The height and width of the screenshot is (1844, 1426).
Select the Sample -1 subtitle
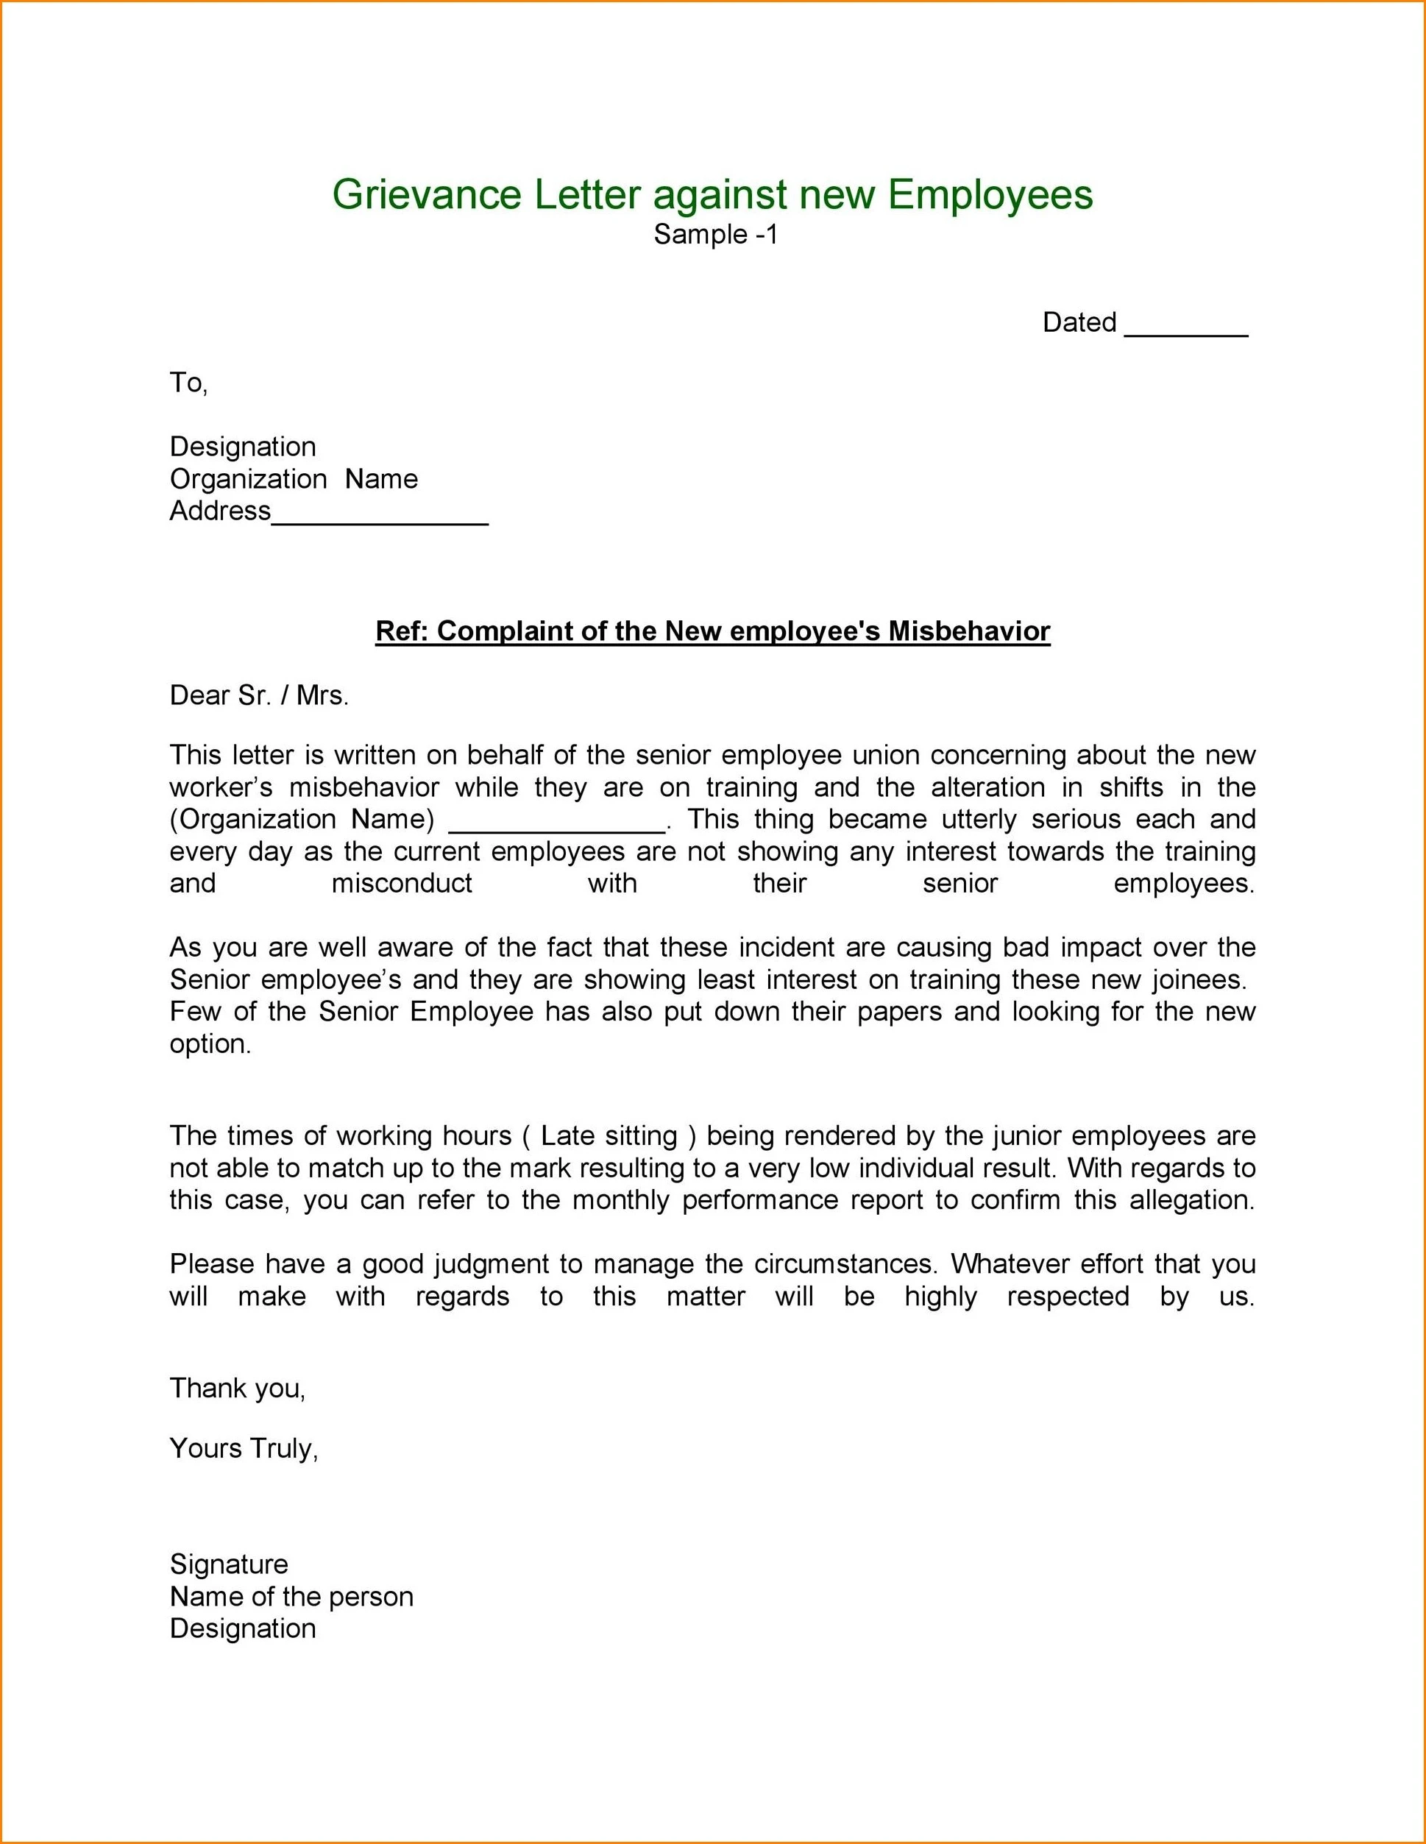(714, 235)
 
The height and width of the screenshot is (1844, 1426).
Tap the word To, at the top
(188, 383)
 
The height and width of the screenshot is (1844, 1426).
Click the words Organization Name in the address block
(293, 479)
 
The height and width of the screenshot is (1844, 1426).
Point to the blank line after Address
(380, 520)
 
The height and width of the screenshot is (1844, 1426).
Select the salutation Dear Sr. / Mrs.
(258, 695)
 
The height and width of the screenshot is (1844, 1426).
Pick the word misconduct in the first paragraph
(402, 883)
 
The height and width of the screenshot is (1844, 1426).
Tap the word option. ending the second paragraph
(210, 1044)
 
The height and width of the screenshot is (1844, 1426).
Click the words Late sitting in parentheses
(609, 1135)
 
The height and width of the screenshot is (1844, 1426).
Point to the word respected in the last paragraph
(1067, 1296)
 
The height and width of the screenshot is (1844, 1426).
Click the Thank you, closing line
(237, 1388)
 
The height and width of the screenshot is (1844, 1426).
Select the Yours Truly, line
(243, 1448)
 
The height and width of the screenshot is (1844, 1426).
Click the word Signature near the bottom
(229, 1564)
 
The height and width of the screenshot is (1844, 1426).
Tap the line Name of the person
(291, 1597)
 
